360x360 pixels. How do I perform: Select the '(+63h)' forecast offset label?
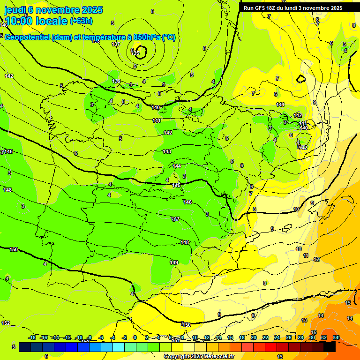tap(81, 21)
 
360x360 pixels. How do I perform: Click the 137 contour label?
tap(116, 44)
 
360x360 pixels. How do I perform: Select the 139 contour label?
tap(117, 81)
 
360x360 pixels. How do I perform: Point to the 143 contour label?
tap(167, 151)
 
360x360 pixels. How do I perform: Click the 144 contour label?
tap(177, 166)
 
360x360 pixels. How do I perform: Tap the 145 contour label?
tap(176, 186)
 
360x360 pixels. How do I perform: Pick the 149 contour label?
tap(174, 262)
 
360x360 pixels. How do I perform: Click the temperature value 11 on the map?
tap(306, 256)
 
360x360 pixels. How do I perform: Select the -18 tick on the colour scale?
tap(32, 337)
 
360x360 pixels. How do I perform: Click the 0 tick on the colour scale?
tap(135, 337)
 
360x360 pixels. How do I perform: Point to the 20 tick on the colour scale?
tap(254, 337)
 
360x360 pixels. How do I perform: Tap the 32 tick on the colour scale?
tap(324, 337)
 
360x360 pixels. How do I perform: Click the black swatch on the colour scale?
tap(329, 347)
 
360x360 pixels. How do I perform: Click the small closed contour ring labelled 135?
tap(139, 53)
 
